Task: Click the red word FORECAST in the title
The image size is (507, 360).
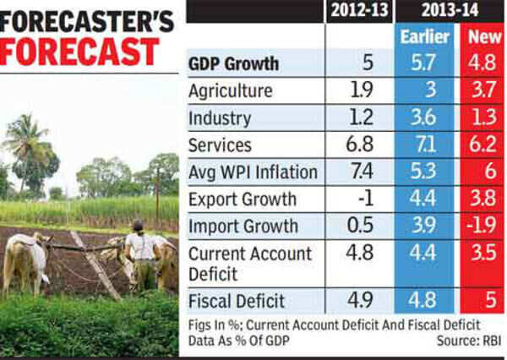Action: point(80,50)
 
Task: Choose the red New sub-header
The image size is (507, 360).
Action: point(482,38)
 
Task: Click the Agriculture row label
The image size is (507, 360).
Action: point(230,91)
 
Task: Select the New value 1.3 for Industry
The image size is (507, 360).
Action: point(482,118)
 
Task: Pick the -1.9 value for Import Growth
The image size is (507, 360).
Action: point(482,227)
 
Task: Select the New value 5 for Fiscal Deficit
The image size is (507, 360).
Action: point(482,300)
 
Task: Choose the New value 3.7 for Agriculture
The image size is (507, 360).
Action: point(482,91)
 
